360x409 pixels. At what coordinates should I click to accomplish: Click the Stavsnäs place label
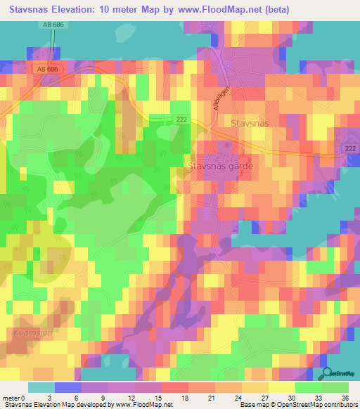click(250, 122)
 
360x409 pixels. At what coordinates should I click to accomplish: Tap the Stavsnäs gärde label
click(219, 167)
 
